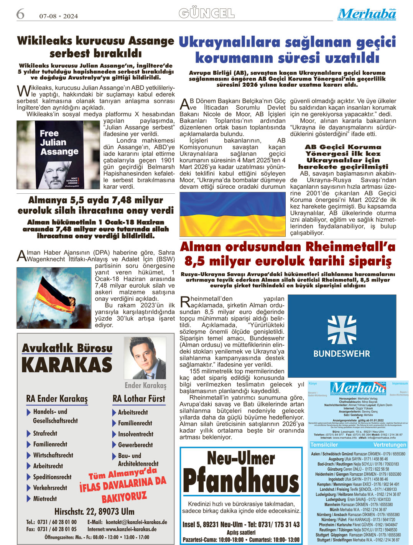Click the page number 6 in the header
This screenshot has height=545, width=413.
coord(20,14)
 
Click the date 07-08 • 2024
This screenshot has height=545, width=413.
coord(58,16)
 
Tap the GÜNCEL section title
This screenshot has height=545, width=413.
coord(206,14)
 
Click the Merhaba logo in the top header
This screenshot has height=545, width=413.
coord(367,15)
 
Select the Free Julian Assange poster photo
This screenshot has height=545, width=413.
coord(58,155)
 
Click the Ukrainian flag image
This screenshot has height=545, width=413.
coord(232,214)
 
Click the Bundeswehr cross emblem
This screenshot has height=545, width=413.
coord(341,330)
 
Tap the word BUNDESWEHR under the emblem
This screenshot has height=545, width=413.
coord(341,354)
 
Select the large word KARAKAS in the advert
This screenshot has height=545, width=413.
coord(67,365)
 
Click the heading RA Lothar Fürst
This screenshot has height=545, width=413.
coord(139,399)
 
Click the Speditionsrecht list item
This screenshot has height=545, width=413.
coord(52,477)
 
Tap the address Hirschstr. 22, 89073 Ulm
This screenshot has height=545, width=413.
coord(94,512)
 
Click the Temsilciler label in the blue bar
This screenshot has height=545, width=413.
coord(324,445)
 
